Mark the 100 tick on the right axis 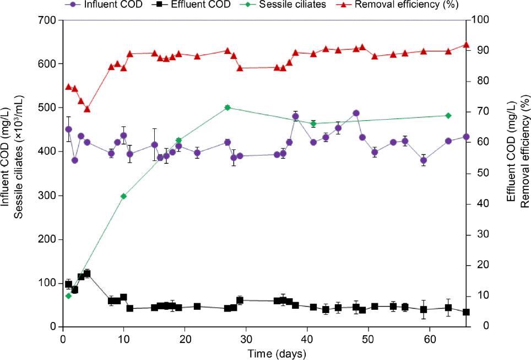[477, 20]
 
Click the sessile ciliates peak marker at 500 [227, 108]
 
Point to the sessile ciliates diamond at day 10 [123, 196]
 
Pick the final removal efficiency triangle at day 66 [466, 45]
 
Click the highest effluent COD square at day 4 [87, 274]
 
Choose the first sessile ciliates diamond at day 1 [68, 296]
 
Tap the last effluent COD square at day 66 [466, 312]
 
